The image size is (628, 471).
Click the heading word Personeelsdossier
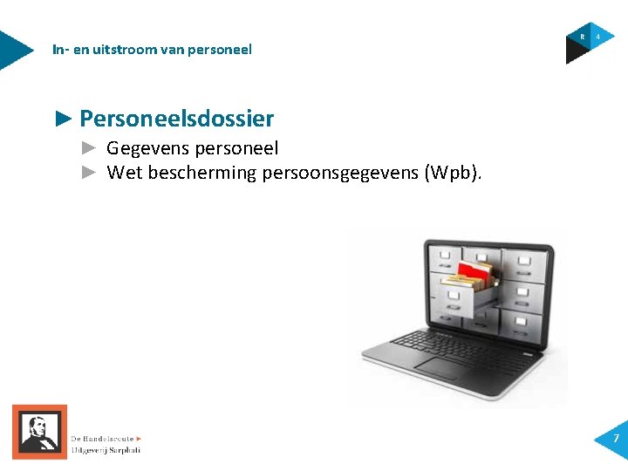pyautogui.click(x=176, y=119)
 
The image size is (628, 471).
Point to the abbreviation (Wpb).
pyautogui.click(x=452, y=173)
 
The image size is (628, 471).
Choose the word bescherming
pyautogui.click(x=202, y=173)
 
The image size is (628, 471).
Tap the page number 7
pyautogui.click(x=616, y=438)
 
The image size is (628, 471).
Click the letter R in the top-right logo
pyautogui.click(x=583, y=37)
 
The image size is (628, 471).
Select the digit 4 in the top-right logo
pyautogui.click(x=598, y=37)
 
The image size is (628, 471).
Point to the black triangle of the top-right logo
pyautogui.click(x=576, y=53)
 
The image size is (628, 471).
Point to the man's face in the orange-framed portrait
pyautogui.click(x=36, y=427)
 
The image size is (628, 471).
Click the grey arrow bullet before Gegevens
pyautogui.click(x=88, y=149)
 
